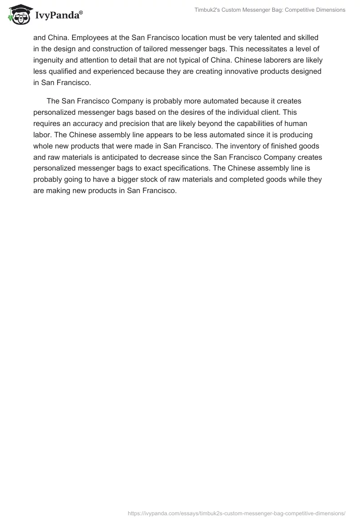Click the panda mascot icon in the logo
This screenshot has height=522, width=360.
tap(18, 14)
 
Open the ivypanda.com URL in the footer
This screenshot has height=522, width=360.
tap(237, 513)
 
